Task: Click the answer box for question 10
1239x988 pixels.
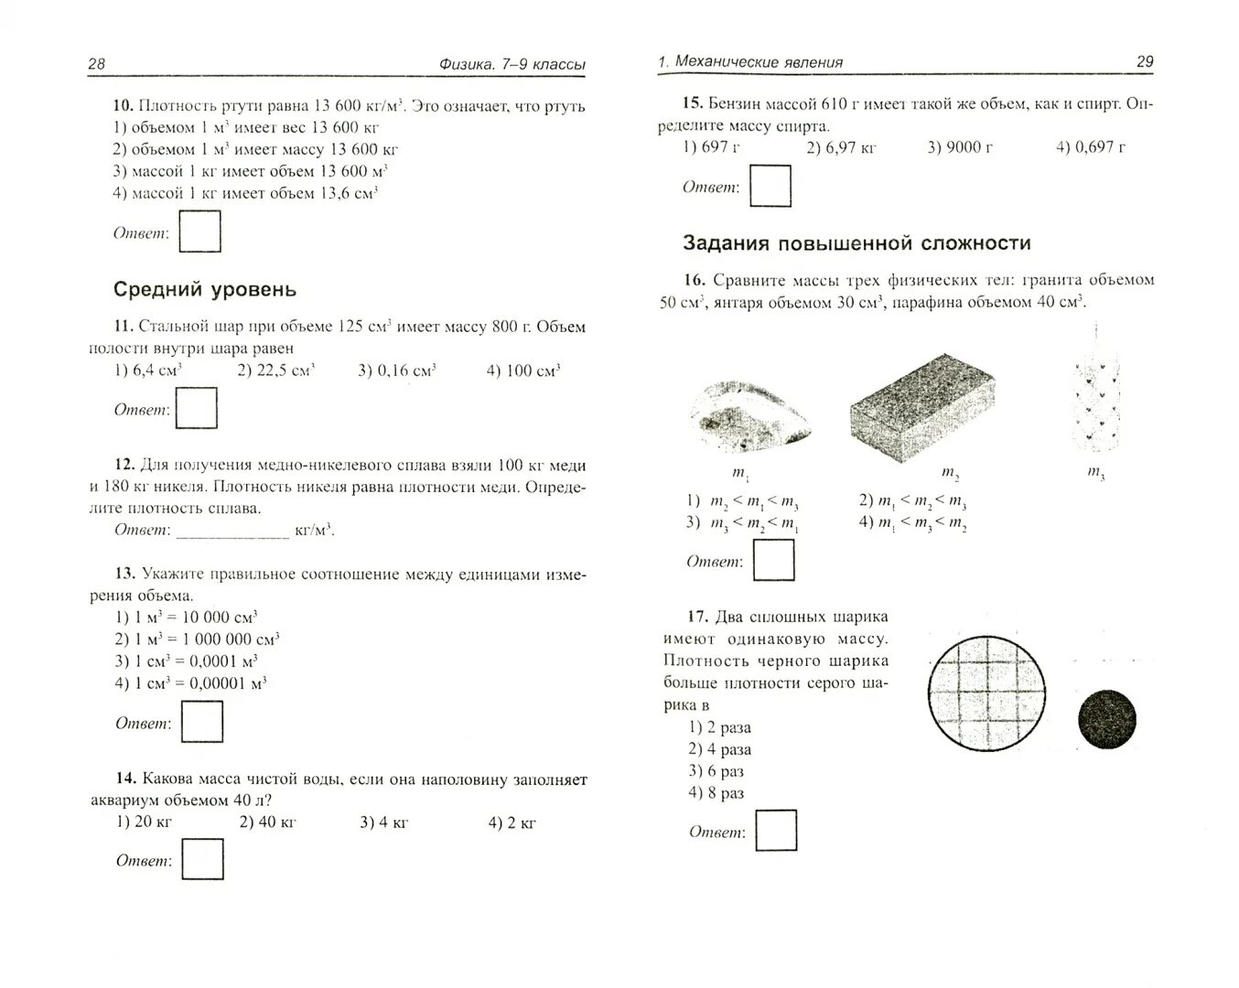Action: tap(199, 231)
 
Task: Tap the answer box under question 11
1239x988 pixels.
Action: tap(196, 408)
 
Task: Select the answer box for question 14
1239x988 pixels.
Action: tap(202, 860)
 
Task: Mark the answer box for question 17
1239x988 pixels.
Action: tap(776, 832)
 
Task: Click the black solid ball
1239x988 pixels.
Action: tap(1107, 719)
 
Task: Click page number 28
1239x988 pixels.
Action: tap(97, 63)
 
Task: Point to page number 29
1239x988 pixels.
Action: tap(1144, 62)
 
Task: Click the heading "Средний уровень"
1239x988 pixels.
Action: tap(205, 289)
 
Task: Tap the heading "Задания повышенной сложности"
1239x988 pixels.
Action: tap(857, 243)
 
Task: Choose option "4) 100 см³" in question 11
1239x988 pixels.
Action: tap(523, 370)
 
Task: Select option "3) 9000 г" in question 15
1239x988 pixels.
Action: tap(960, 147)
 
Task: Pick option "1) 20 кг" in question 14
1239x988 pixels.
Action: tap(145, 822)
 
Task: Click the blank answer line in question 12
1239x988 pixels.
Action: tap(232, 532)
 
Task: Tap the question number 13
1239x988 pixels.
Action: tap(125, 574)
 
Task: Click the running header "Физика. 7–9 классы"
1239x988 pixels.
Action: tap(512, 64)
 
